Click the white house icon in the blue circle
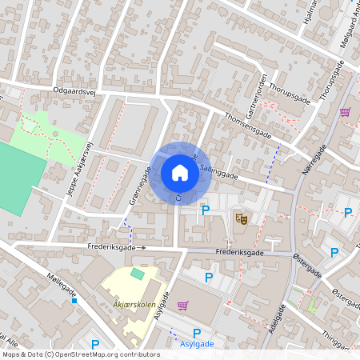(x=180, y=172)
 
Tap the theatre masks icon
(x=240, y=218)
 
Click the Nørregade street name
(x=316, y=165)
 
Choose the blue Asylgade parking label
(x=197, y=345)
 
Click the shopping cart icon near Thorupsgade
(x=346, y=112)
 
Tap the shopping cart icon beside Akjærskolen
(x=182, y=306)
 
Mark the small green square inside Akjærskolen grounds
(x=137, y=274)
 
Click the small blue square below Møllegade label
(x=74, y=301)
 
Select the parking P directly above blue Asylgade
(x=197, y=333)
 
